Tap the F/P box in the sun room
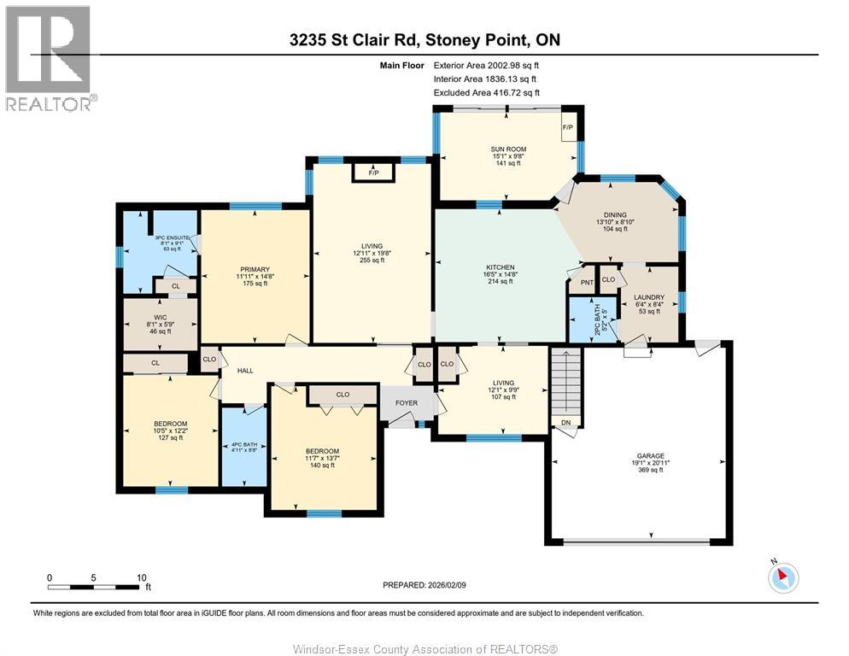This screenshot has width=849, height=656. click(568, 129)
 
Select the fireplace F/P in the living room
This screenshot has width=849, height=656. click(373, 173)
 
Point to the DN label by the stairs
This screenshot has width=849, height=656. click(565, 422)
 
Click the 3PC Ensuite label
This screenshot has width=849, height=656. click(171, 237)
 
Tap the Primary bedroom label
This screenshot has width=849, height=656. click(254, 269)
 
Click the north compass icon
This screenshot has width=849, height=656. click(782, 577)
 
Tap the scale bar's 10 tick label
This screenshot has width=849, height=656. click(142, 577)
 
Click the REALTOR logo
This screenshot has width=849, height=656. click(49, 58)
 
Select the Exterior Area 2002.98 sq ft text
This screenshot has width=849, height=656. click(487, 65)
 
